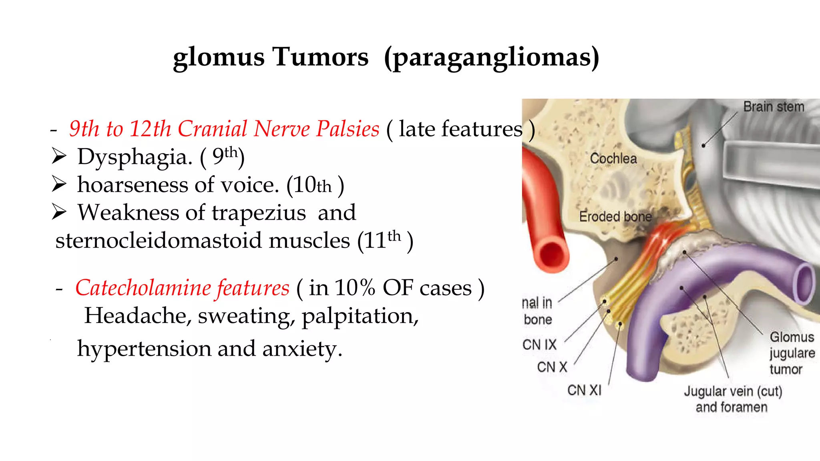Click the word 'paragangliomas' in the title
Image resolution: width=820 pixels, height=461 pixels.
pyautogui.click(x=492, y=57)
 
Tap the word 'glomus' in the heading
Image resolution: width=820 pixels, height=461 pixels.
pyautogui.click(x=219, y=57)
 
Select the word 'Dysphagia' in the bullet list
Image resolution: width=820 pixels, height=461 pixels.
pyautogui.click(x=135, y=157)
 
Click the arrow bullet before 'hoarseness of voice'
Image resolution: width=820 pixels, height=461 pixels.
pyautogui.click(x=59, y=184)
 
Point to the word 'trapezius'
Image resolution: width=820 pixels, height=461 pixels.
pyautogui.click(x=259, y=212)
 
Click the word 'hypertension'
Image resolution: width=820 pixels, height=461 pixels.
pyautogui.click(x=144, y=349)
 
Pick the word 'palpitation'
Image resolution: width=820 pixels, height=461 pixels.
pyautogui.click(x=360, y=316)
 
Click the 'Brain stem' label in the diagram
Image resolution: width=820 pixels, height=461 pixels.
pyautogui.click(x=774, y=107)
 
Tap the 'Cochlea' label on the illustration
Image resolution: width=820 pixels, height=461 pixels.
pyautogui.click(x=613, y=158)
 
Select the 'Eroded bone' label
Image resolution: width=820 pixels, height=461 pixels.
pyautogui.click(x=615, y=216)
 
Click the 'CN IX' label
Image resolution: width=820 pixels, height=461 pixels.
pyautogui.click(x=539, y=345)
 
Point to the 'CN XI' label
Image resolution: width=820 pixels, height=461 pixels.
pyautogui.click(x=584, y=390)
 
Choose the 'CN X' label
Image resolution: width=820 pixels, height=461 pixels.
pyautogui.click(x=552, y=367)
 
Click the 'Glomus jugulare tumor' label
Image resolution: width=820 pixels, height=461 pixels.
pyautogui.click(x=791, y=353)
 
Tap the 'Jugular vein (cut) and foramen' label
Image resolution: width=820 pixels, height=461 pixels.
pyautogui.click(x=732, y=399)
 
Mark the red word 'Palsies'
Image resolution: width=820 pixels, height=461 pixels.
pyautogui.click(x=347, y=129)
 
